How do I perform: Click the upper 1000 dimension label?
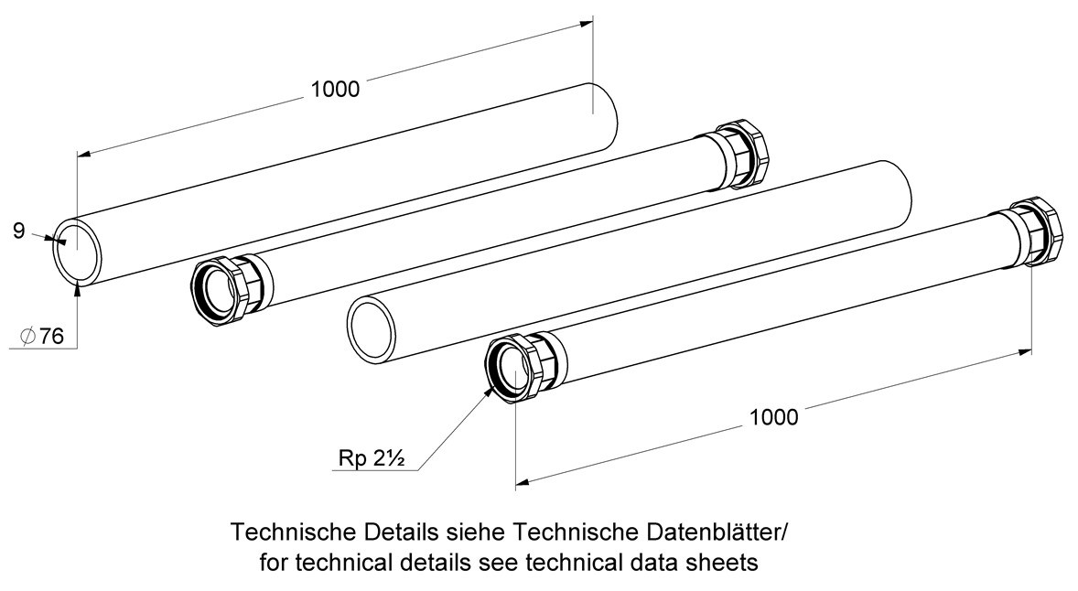(335, 90)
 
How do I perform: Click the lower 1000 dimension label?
(773, 417)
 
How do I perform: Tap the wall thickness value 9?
(19, 231)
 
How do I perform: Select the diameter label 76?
(51, 336)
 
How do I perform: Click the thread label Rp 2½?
(371, 457)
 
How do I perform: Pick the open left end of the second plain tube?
(372, 328)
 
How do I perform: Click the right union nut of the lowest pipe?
(1037, 231)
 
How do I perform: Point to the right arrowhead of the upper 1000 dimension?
(587, 24)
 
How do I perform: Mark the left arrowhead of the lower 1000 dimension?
(523, 483)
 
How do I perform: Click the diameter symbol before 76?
(28, 336)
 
